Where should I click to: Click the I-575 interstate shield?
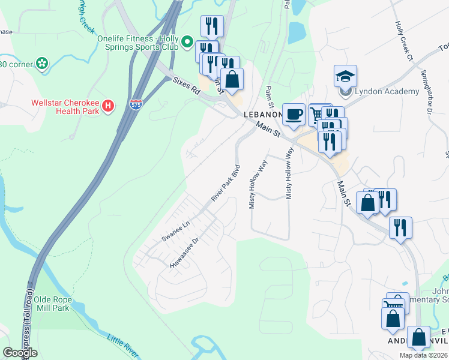coord(136,104)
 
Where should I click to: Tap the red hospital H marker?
coord(108,106)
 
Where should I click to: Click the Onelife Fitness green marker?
coord(187,43)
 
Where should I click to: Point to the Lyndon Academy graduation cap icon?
coord(345,76)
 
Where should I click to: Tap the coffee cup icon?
coord(294,114)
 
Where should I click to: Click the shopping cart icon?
coord(316,113)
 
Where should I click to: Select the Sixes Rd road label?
coord(185,86)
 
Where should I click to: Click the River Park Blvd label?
coord(226,182)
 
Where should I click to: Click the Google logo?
coord(20,353)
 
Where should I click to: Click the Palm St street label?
coord(268,97)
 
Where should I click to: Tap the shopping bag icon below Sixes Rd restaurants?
coord(232,79)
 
